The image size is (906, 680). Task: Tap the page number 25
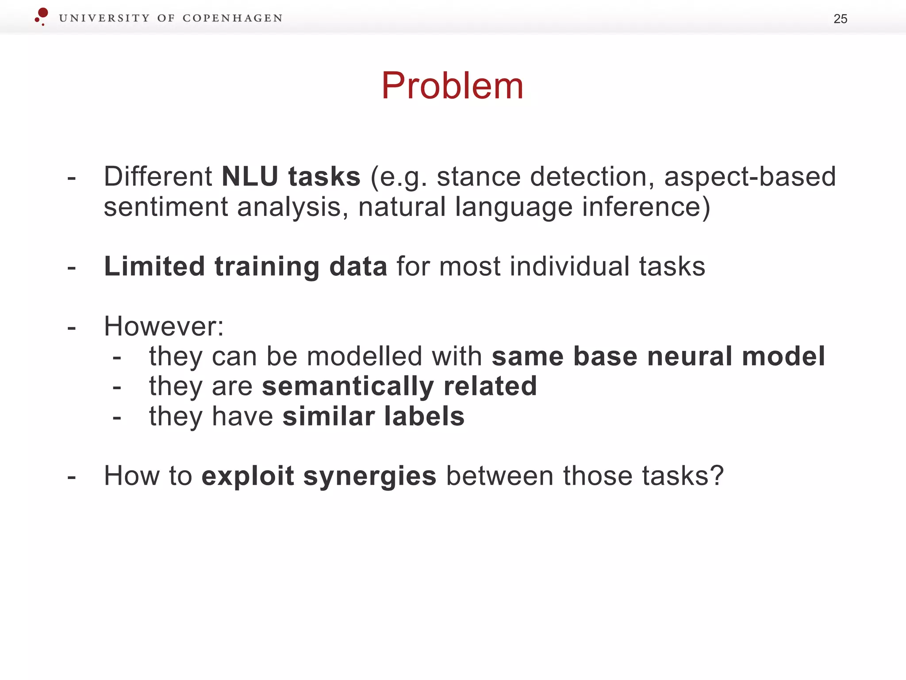(x=840, y=19)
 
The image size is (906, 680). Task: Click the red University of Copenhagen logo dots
(x=42, y=16)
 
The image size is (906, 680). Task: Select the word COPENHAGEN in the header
(x=232, y=18)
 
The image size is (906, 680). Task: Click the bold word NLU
(x=250, y=177)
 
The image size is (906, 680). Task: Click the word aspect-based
(x=750, y=177)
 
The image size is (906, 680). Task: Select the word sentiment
(x=165, y=207)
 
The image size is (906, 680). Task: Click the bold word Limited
(x=154, y=267)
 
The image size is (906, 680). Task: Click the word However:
(x=164, y=327)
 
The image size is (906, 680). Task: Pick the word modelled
(x=365, y=356)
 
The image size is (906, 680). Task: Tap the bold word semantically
(x=348, y=386)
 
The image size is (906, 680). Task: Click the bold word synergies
(x=370, y=477)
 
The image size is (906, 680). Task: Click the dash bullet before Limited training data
(x=72, y=268)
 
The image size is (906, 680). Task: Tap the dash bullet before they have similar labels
(x=117, y=418)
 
